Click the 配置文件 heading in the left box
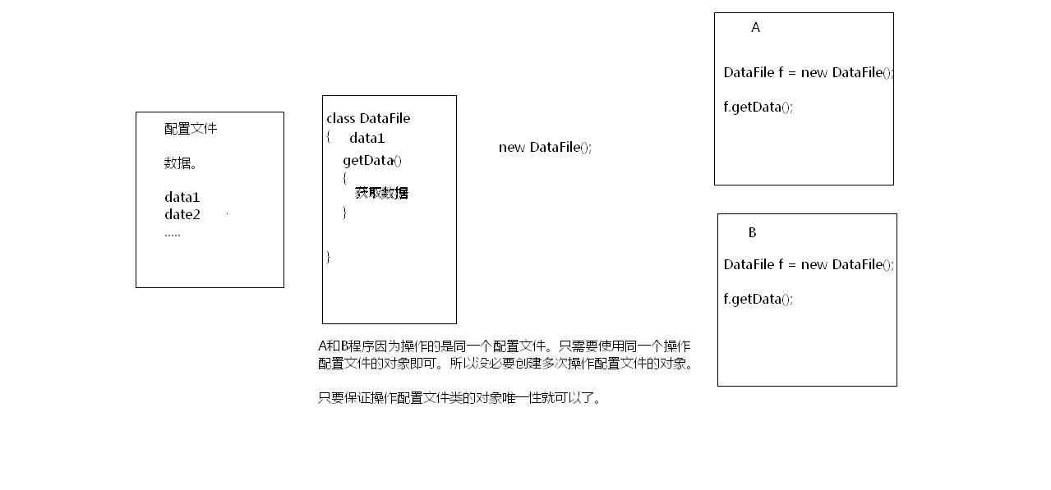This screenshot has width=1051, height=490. [x=191, y=129]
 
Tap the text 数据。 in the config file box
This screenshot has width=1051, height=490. [x=181, y=163]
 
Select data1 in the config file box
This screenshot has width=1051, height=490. [x=182, y=197]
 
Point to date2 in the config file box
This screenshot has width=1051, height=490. [x=182, y=214]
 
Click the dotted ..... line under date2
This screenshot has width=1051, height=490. [x=173, y=233]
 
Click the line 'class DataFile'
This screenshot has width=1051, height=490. [x=368, y=118]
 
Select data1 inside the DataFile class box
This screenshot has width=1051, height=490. [x=366, y=138]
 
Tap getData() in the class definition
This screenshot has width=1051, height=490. [x=372, y=160]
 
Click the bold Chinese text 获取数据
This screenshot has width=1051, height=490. [x=381, y=193]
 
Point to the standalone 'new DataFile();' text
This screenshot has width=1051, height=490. [x=545, y=147]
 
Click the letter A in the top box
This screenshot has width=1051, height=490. [x=756, y=28]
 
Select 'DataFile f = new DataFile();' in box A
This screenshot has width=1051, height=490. [x=809, y=72]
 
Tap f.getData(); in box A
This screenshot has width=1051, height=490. [x=758, y=107]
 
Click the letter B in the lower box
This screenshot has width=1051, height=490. [x=752, y=233]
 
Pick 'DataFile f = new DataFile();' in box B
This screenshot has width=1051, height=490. [x=809, y=264]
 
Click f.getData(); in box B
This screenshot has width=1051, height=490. [x=758, y=299]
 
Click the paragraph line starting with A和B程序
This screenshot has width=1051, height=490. [x=504, y=346]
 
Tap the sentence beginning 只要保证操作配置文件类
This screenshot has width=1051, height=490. [x=459, y=399]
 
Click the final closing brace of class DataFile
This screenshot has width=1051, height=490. [x=329, y=256]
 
